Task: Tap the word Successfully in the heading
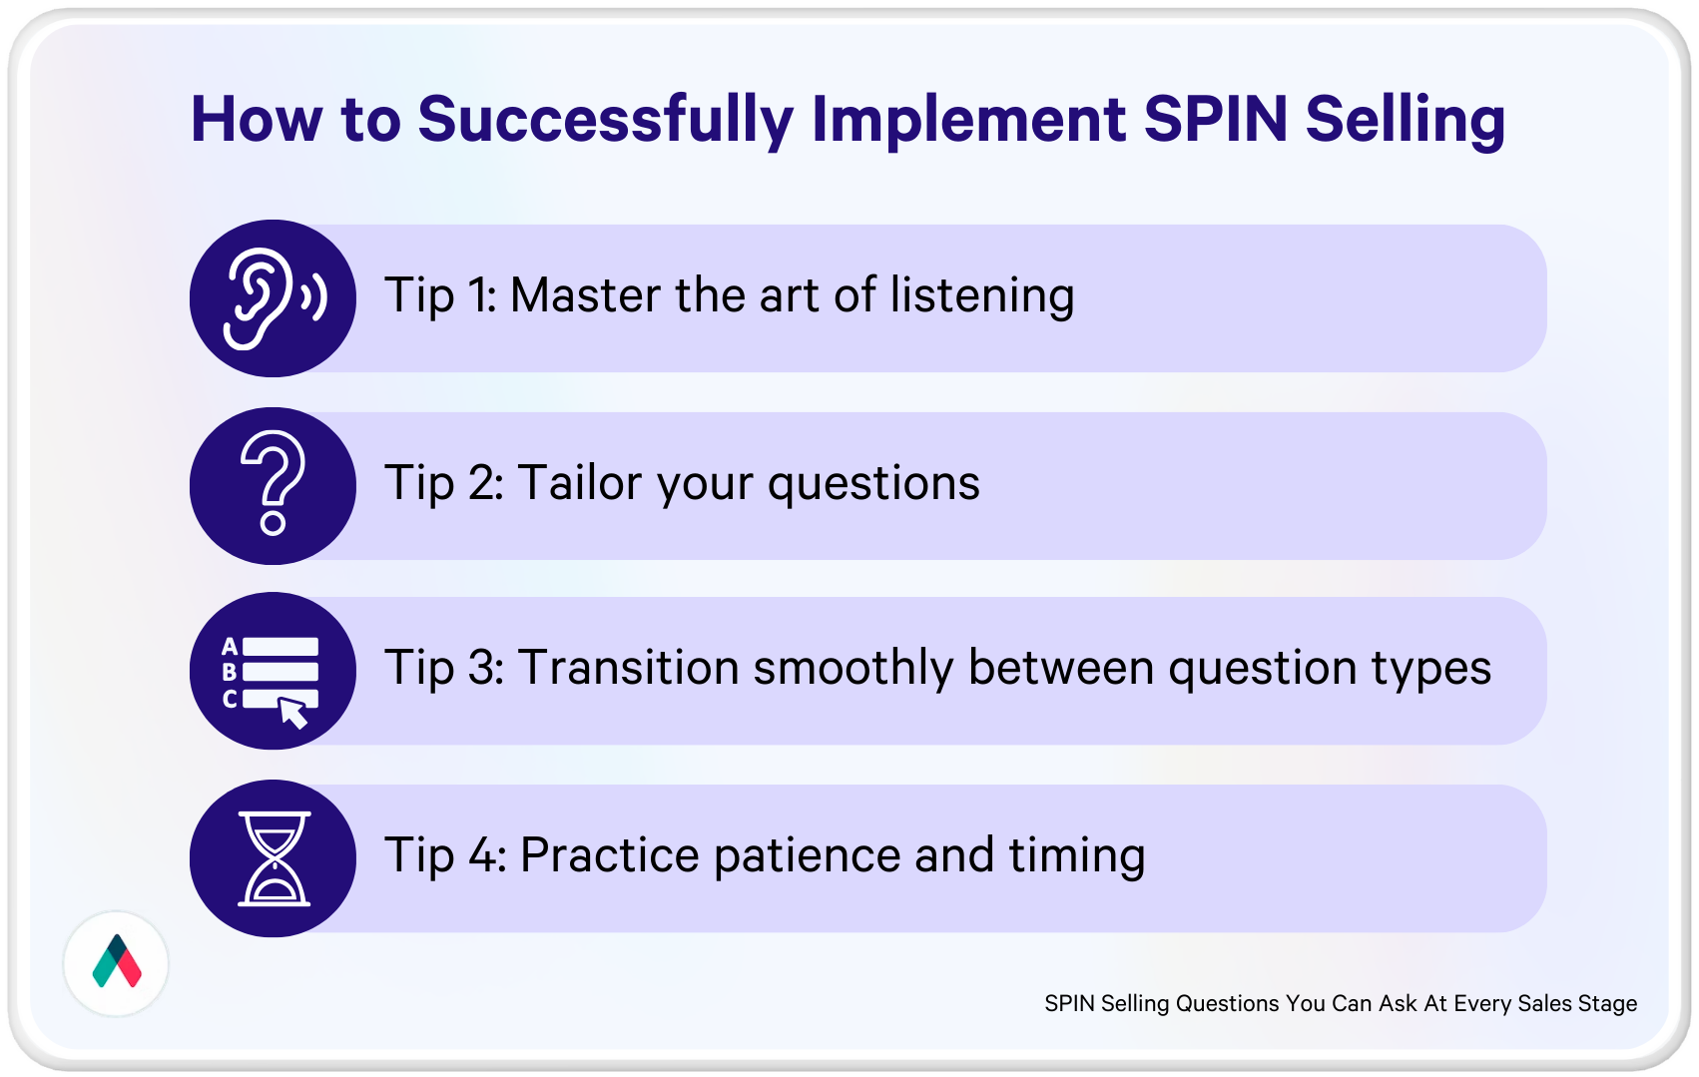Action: pos(605,121)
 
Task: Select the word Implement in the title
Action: pos(968,121)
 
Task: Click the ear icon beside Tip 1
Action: pos(275,298)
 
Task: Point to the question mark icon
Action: pos(274,483)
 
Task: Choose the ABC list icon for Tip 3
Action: pos(270,682)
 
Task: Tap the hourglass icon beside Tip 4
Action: pos(274,858)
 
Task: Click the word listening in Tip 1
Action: pos(982,296)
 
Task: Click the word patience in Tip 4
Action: pos(807,856)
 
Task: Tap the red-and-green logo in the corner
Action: pos(116,962)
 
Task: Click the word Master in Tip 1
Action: pos(585,294)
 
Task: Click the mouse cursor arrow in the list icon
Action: pos(293,713)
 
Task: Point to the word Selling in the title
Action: pos(1406,121)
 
